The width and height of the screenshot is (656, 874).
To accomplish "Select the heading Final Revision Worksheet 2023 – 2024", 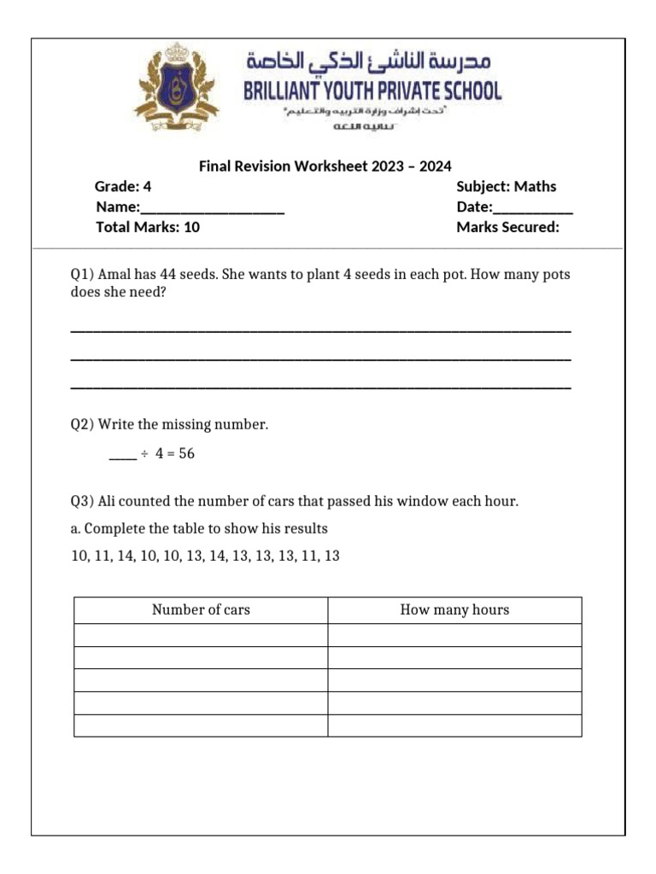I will [x=325, y=166].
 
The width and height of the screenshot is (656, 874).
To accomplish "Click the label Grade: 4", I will [x=123, y=186].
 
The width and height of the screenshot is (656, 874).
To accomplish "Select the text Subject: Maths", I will [x=506, y=186].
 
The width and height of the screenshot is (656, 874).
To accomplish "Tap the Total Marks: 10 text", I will [x=148, y=227].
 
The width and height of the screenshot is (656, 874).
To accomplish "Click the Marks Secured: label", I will [x=507, y=227].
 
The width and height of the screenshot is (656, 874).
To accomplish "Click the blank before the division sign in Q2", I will [x=122, y=455].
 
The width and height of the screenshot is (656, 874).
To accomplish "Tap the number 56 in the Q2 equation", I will [x=186, y=454].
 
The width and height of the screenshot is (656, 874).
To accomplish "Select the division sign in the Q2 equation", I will [x=144, y=454].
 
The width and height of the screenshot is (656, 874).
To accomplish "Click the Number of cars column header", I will [x=201, y=609].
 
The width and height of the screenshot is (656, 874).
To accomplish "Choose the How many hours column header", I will [x=454, y=609].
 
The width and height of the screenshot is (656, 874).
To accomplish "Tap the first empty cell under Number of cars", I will [x=201, y=635].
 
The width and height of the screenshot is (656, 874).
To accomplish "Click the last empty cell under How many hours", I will [x=454, y=725].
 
